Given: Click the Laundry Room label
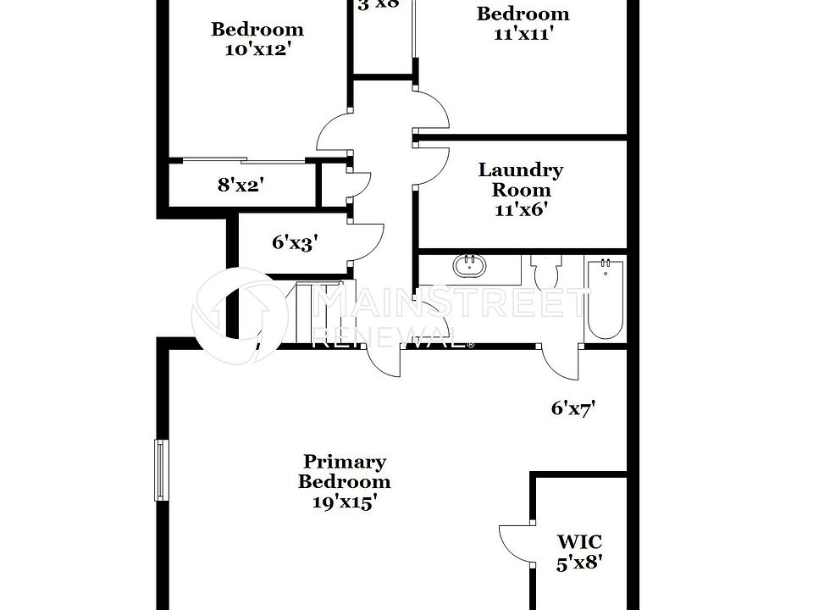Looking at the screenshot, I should click(521, 180).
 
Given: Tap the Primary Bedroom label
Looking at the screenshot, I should click(345, 472).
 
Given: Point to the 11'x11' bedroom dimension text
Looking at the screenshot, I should click(523, 34).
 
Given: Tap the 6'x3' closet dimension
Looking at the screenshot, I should click(292, 242).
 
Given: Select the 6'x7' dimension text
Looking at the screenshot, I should click(573, 408).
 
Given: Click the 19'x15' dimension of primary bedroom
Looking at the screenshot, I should click(344, 502).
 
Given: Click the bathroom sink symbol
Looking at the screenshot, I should click(470, 267).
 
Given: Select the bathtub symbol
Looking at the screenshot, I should click(605, 298).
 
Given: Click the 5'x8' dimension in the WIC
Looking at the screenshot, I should click(579, 563).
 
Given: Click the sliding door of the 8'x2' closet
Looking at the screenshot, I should click(244, 160).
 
